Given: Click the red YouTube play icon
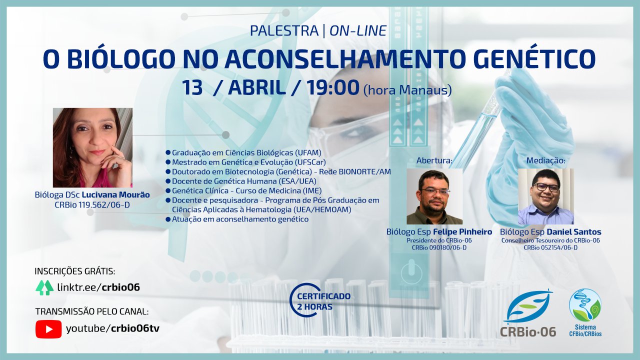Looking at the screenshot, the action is [48, 329].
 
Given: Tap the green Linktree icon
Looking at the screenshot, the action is [44, 287].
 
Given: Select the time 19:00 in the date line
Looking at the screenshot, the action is [333, 87].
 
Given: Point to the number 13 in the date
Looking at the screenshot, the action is [192, 87].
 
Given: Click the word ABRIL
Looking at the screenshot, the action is [257, 87].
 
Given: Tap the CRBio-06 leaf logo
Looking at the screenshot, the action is [528, 313].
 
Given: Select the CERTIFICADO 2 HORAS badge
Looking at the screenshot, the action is [320, 300].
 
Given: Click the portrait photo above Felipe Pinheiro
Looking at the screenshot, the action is [434, 196].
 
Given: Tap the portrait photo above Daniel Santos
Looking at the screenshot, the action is [545, 196].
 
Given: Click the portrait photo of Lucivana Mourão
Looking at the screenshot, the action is [92, 147].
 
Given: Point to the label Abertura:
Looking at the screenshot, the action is [434, 160].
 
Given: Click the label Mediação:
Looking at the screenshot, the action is [545, 160].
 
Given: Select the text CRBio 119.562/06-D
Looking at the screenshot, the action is [92, 205].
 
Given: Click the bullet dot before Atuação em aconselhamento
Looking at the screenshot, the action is [168, 219].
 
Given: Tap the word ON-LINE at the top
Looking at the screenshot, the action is [358, 31].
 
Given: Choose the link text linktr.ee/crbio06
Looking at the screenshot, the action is [98, 287].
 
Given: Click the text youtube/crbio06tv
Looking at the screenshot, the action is [112, 329].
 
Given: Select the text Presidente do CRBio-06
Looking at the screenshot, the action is [439, 240].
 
